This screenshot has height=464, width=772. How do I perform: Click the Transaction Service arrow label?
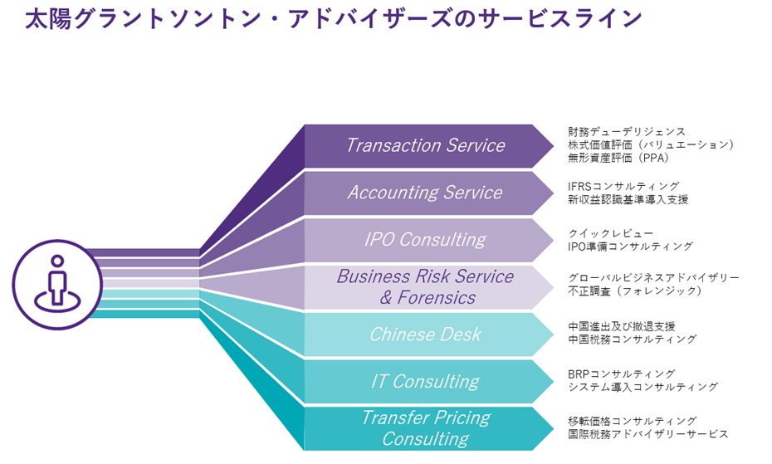coord(425,145)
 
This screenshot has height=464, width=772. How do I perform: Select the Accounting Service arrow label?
coord(425,193)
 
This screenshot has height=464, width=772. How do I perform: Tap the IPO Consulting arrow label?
coord(425,239)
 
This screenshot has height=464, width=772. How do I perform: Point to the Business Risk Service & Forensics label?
coord(425,287)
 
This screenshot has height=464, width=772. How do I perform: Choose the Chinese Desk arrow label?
coord(425,335)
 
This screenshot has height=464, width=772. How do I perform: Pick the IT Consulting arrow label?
coord(425,382)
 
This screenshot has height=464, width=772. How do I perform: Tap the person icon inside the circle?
coord(57,284)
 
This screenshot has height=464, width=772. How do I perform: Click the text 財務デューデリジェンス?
coord(627,132)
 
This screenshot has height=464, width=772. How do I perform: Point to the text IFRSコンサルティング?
coord(623,187)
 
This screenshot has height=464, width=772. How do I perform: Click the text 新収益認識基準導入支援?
coord(628,199)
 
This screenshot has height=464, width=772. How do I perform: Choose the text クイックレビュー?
coord(611,233)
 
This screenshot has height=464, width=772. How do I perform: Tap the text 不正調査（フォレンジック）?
coord(636,291)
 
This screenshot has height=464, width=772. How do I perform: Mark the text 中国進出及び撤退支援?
coord(622,326)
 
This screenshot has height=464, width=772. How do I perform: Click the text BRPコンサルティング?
coord(622,374)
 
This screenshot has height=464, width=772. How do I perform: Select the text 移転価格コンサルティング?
coord(633,421)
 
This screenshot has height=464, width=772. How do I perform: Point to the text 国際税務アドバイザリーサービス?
coord(648,434)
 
